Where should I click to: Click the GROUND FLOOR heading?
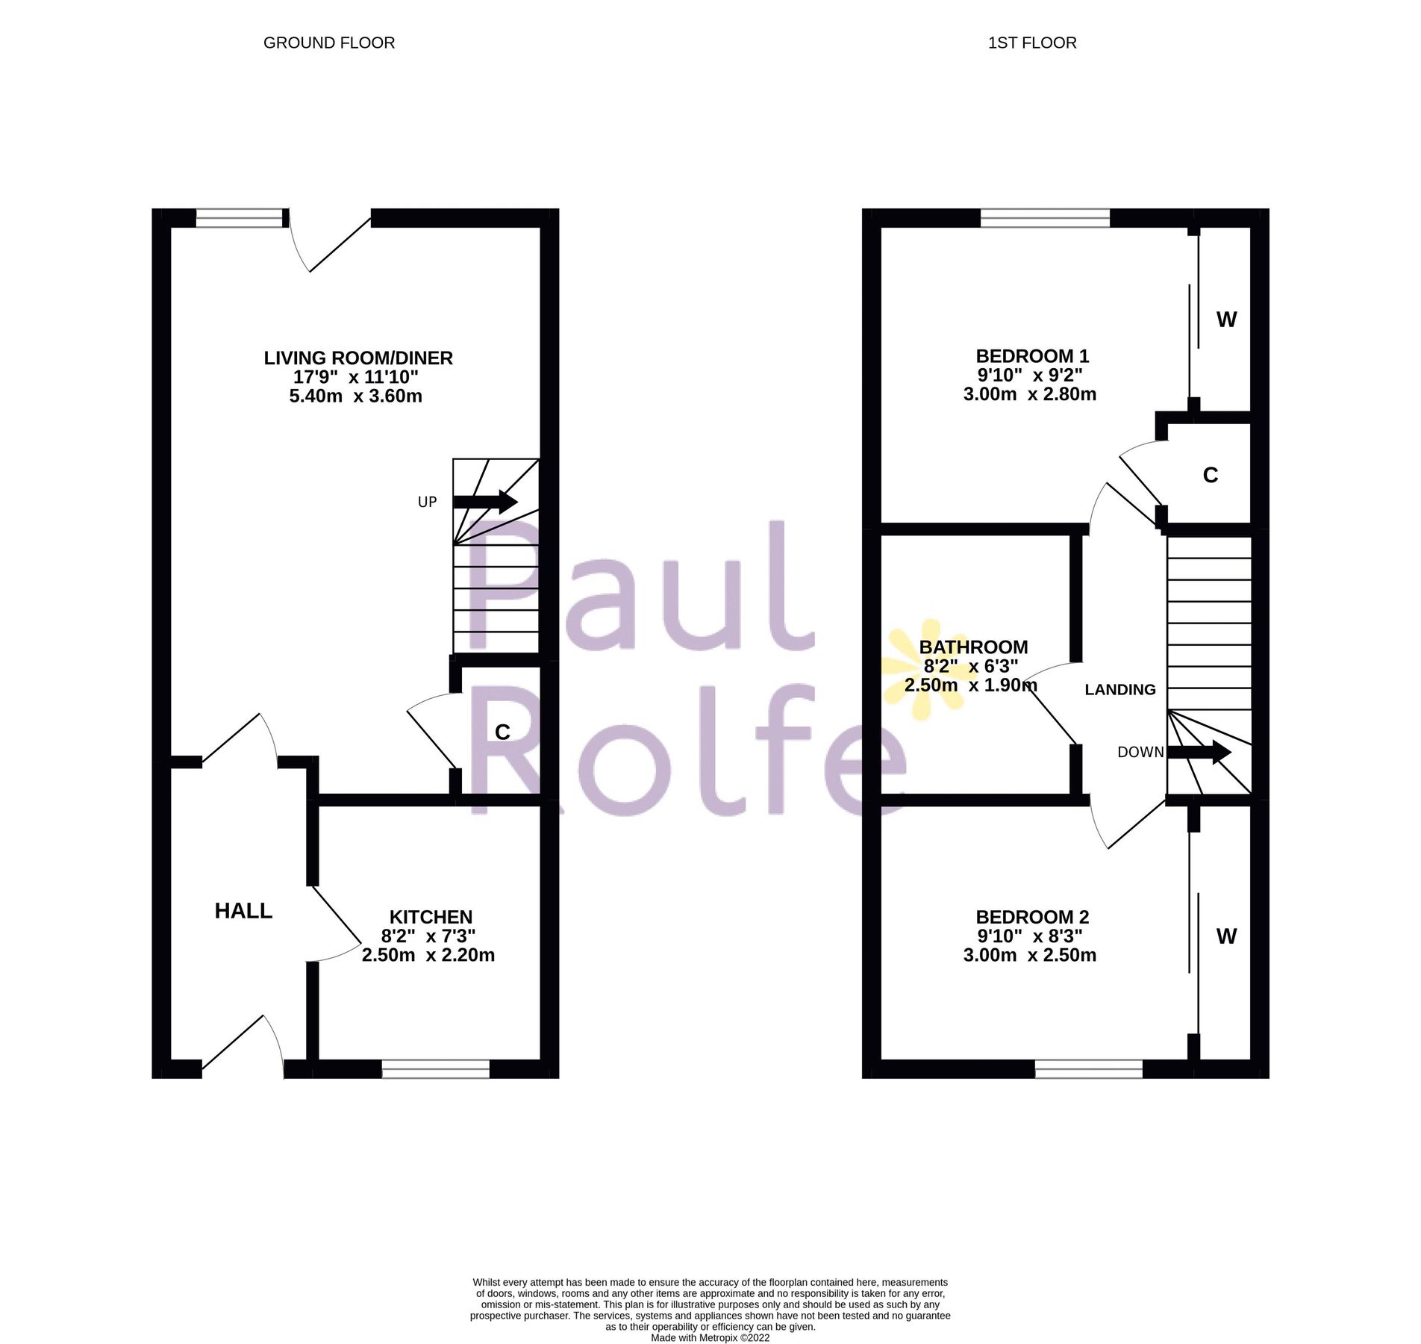(329, 43)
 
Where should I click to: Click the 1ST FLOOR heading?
(1032, 43)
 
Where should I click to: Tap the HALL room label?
(243, 911)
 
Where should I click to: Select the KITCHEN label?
(431, 917)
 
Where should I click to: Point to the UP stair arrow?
(485, 501)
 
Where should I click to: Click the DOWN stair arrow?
(1199, 752)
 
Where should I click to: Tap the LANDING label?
(1120, 690)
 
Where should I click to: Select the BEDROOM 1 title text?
(1032, 356)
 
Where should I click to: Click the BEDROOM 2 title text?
(1032, 917)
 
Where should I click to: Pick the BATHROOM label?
(973, 647)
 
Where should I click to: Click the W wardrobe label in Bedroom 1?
(1226, 320)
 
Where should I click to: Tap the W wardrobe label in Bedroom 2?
(1226, 936)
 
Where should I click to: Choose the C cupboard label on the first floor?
(1211, 475)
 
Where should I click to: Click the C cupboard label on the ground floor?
(502, 732)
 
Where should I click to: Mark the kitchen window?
(436, 1068)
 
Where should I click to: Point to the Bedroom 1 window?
(1045, 217)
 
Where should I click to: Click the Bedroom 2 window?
(1089, 1068)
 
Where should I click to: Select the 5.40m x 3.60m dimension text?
(356, 396)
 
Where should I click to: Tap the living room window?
(240, 217)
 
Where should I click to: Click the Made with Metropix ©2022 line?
(710, 1338)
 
